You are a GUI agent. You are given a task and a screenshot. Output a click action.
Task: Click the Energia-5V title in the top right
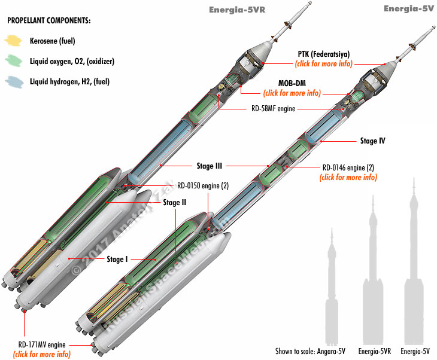click(x=408, y=8)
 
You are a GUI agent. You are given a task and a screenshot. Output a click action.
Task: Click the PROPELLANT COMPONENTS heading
click(x=49, y=21)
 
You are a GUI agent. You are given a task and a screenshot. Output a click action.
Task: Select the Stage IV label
click(x=372, y=141)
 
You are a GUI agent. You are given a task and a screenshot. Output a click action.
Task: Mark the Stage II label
click(x=175, y=202)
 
